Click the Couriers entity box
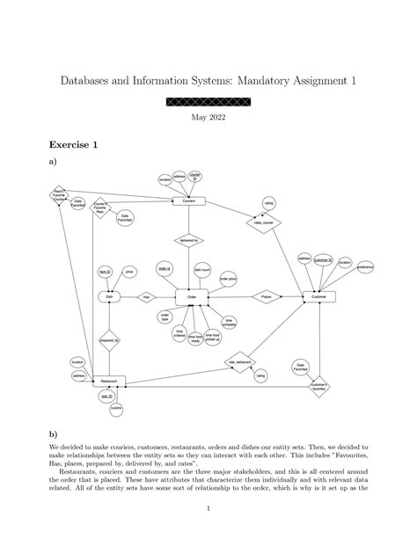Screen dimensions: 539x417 [x=188, y=201]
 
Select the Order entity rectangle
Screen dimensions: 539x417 [x=192, y=298]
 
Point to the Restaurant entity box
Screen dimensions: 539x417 [x=109, y=381]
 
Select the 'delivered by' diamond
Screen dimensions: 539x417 [x=188, y=239]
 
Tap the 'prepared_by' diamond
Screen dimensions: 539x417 [x=109, y=339]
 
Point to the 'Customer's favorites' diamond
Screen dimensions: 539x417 [x=319, y=385]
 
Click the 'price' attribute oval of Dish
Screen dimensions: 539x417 [x=129, y=272]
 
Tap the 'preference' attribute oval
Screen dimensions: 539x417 [x=365, y=266]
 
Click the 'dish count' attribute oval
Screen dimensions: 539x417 [x=201, y=270]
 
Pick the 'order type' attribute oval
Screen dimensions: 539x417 [x=165, y=316]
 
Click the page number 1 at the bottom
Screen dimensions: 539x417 [x=208, y=509]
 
